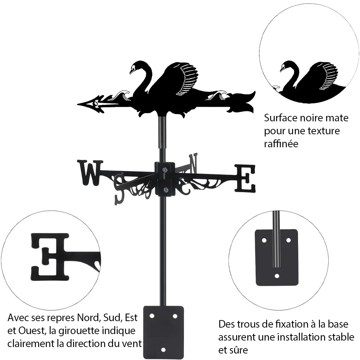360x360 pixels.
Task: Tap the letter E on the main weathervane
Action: tap(245, 178)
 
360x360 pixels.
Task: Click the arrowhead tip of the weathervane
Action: tap(78, 104)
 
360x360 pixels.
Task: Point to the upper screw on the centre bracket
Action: tap(165, 170)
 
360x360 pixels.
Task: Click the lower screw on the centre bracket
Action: tap(165, 190)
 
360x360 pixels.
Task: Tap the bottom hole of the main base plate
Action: tap(163, 350)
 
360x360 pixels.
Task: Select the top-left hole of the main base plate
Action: tap(152, 316)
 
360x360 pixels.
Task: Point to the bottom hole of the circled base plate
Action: tap(277, 276)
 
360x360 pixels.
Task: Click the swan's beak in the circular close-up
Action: tap(281, 70)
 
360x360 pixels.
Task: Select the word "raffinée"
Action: tap(281, 144)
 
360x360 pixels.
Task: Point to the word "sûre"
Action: tap(239, 350)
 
